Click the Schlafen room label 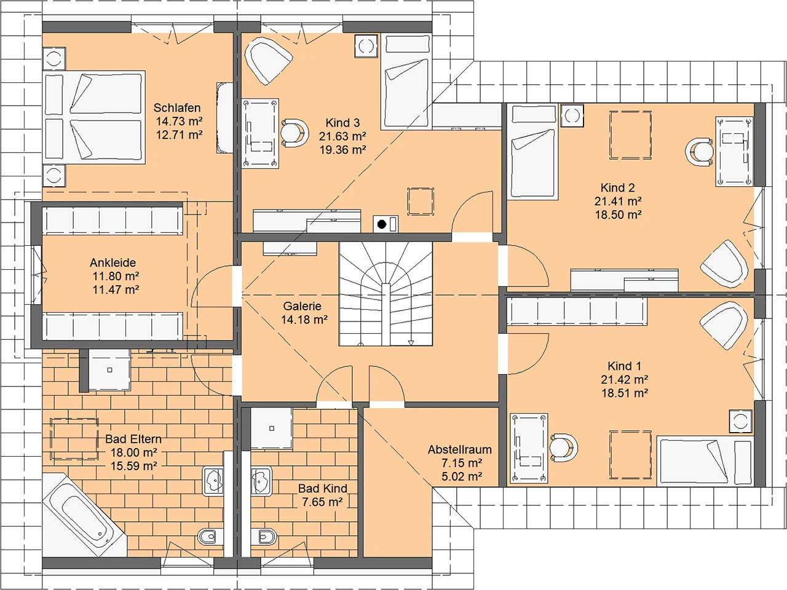(x=177, y=108)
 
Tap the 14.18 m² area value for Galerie (x=304, y=320)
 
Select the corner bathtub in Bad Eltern (x=85, y=515)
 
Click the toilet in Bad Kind (x=264, y=537)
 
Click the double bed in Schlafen (x=94, y=117)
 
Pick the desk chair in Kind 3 (x=294, y=133)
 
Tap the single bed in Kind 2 (x=533, y=151)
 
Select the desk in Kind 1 (x=529, y=448)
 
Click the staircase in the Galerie (x=386, y=294)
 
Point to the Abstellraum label (x=460, y=450)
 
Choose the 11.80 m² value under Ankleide (x=116, y=276)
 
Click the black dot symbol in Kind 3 (x=382, y=224)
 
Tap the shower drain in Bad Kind (x=272, y=428)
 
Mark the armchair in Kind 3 (x=268, y=60)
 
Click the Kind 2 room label (x=617, y=187)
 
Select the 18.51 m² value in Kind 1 (x=625, y=393)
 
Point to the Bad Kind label (x=323, y=488)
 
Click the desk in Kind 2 (x=734, y=151)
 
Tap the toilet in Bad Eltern (x=207, y=537)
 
